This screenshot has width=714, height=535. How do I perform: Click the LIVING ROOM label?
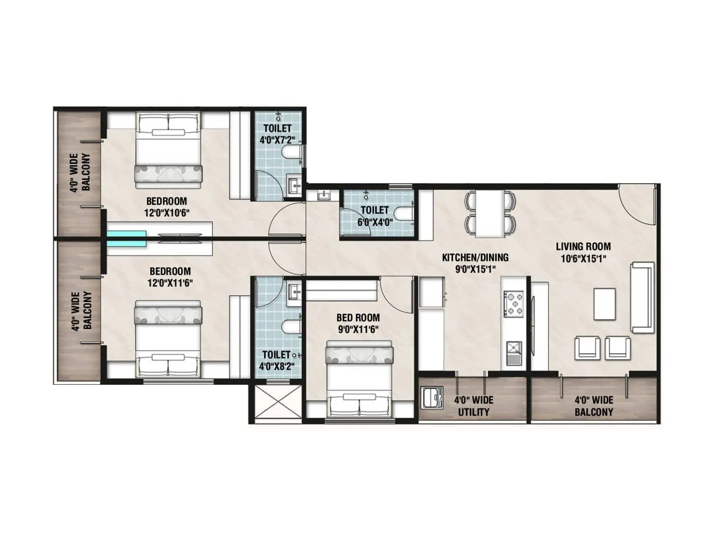pyautogui.click(x=583, y=247)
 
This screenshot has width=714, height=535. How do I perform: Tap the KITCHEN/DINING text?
pyautogui.click(x=475, y=257)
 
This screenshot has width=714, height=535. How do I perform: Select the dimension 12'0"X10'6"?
pyautogui.click(x=166, y=213)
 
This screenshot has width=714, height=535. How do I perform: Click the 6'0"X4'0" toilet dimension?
pyautogui.click(x=374, y=222)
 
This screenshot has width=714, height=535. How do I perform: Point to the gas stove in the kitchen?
pyautogui.click(x=514, y=303)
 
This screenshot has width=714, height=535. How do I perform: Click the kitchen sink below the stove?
pyautogui.click(x=514, y=352)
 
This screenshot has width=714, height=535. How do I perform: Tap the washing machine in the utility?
pyautogui.click(x=432, y=397)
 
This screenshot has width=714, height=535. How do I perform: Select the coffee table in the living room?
pyautogui.click(x=604, y=304)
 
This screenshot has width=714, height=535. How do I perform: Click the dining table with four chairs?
pyautogui.click(x=490, y=214)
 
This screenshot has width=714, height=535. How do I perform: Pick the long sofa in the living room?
pyautogui.click(x=642, y=297)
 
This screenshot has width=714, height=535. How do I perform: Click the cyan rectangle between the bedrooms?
pyautogui.click(x=126, y=238)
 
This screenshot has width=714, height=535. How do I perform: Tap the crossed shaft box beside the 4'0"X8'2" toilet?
pyautogui.click(x=278, y=402)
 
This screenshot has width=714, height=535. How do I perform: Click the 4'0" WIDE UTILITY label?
pyautogui.click(x=473, y=406)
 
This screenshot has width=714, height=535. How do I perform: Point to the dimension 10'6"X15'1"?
pyautogui.click(x=583, y=259)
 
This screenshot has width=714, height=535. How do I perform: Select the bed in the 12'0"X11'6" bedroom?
pyautogui.click(x=168, y=337)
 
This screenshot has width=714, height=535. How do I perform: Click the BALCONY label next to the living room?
pyautogui.click(x=594, y=412)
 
